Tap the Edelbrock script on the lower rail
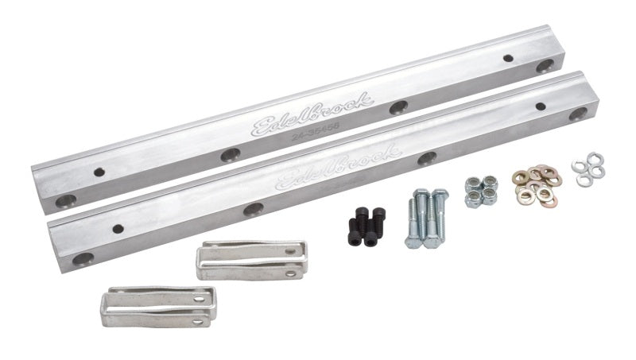tap(337, 168)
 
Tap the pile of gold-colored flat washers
tap(536, 184)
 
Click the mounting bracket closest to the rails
tap(250, 260)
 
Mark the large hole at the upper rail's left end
tap(67, 200)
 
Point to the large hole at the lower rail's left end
tap(83, 258)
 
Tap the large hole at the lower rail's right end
tap(578, 114)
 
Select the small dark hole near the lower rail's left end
tap(118, 229)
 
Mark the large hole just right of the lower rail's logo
tap(428, 157)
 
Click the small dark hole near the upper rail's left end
tap(99, 172)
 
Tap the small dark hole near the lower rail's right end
tap(541, 106)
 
